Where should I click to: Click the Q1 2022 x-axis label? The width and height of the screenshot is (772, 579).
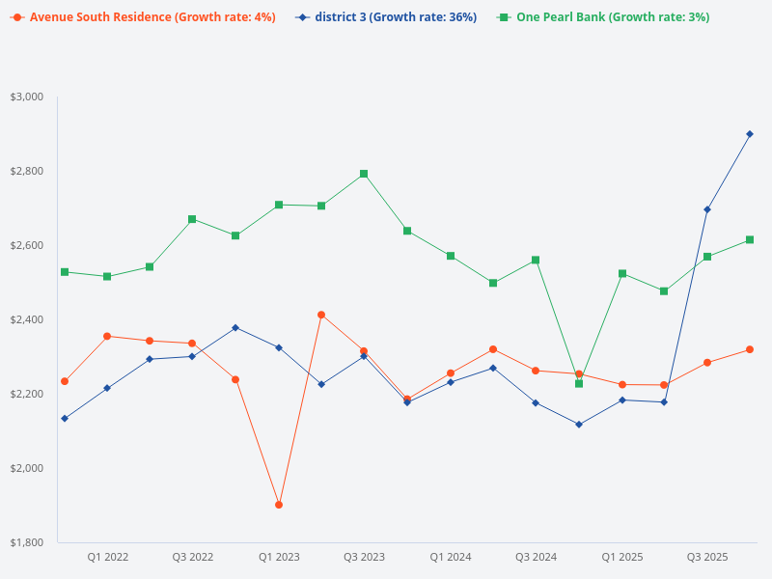108,558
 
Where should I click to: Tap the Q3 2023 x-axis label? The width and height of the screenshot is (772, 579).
364,558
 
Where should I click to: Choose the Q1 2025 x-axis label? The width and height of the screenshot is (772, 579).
622,558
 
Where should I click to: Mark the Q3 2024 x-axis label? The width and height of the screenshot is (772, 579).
536,558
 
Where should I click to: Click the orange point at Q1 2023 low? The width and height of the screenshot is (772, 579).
279,505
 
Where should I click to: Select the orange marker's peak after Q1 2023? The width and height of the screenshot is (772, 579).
321,315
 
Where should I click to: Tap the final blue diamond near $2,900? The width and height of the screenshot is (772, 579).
750,134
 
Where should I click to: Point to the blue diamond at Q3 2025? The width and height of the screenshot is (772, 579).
707,209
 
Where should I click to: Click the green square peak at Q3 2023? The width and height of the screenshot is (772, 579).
364,174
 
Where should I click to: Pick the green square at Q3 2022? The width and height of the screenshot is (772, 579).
192,219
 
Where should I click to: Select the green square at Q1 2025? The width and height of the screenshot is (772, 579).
622,273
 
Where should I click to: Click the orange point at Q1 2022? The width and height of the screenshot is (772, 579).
107,336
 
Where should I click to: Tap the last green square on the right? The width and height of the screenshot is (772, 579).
750,239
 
